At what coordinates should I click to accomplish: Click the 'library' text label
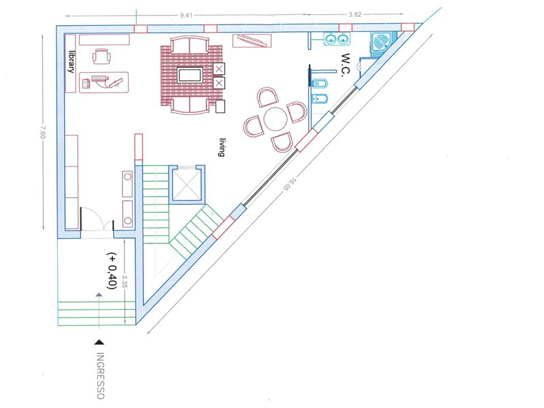coord(71,62)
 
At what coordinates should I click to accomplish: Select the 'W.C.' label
coord(346,63)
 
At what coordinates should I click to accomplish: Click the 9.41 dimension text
coord(186,15)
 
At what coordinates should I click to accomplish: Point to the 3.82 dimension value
coord(355,14)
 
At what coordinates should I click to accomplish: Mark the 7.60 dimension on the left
coord(42,132)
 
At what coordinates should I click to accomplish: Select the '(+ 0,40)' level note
coord(112,271)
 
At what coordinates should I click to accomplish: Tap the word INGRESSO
coord(100,376)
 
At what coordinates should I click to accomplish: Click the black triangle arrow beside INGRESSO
coord(99,343)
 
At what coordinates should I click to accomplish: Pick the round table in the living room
coord(275,118)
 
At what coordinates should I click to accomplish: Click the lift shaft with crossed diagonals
coord(186,184)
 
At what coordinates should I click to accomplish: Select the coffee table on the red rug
coord(190,75)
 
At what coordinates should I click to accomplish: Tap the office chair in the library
coord(101,56)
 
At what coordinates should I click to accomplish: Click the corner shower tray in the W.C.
coord(381,43)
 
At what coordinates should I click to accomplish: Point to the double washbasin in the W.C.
coord(337,39)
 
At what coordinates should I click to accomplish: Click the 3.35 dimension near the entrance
coord(125,282)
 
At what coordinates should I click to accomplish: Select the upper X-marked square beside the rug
coord(218,69)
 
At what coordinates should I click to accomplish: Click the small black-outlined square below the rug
coord(220,107)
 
